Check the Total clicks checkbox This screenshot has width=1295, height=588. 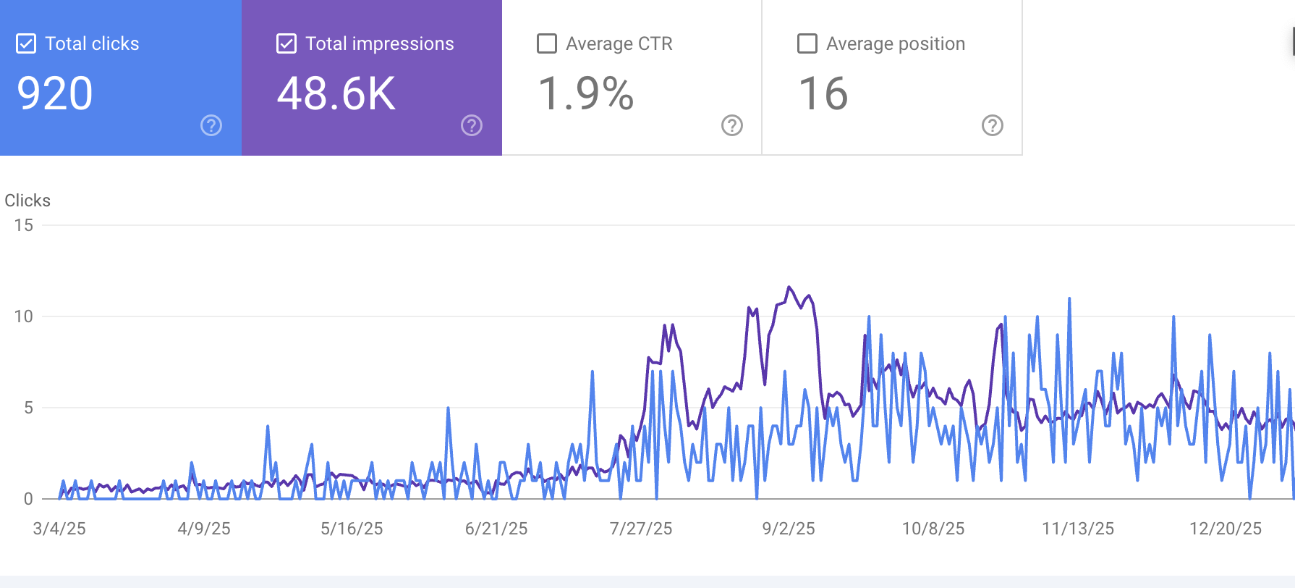click(x=26, y=44)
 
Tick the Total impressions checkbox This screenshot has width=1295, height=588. click(x=286, y=44)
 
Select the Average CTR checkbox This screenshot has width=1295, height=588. click(x=547, y=44)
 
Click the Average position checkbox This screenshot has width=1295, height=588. click(x=807, y=44)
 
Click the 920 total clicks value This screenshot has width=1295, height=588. click(x=55, y=94)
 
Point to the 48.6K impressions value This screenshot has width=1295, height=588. click(x=336, y=94)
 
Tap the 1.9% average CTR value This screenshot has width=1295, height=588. click(x=586, y=94)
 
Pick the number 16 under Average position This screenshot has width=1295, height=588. click(x=823, y=94)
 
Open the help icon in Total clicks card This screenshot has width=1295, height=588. click(x=211, y=125)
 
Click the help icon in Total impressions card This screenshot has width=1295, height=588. click(x=472, y=125)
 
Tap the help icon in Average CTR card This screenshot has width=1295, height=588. click(x=732, y=125)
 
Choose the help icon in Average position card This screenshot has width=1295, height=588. click(x=993, y=125)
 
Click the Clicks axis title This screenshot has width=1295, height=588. click(x=27, y=201)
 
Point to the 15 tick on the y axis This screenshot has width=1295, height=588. click(x=24, y=225)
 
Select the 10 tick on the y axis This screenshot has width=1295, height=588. click(x=24, y=316)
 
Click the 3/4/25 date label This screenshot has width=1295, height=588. click(x=59, y=529)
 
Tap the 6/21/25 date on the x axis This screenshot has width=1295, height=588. click(x=496, y=529)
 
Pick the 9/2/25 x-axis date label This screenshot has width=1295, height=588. click(x=789, y=529)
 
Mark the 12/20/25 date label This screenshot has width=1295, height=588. click(x=1226, y=529)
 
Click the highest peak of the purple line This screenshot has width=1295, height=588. click(x=789, y=287)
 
